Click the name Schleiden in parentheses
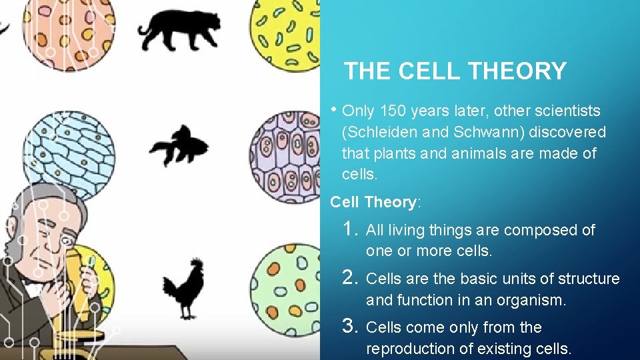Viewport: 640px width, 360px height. point(383,132)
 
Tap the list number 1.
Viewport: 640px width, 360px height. point(349,229)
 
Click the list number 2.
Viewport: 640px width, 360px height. point(350,278)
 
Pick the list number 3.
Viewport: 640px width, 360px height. point(350,326)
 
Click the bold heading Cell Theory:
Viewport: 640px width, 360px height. point(375,201)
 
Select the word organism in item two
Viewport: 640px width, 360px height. point(534,300)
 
